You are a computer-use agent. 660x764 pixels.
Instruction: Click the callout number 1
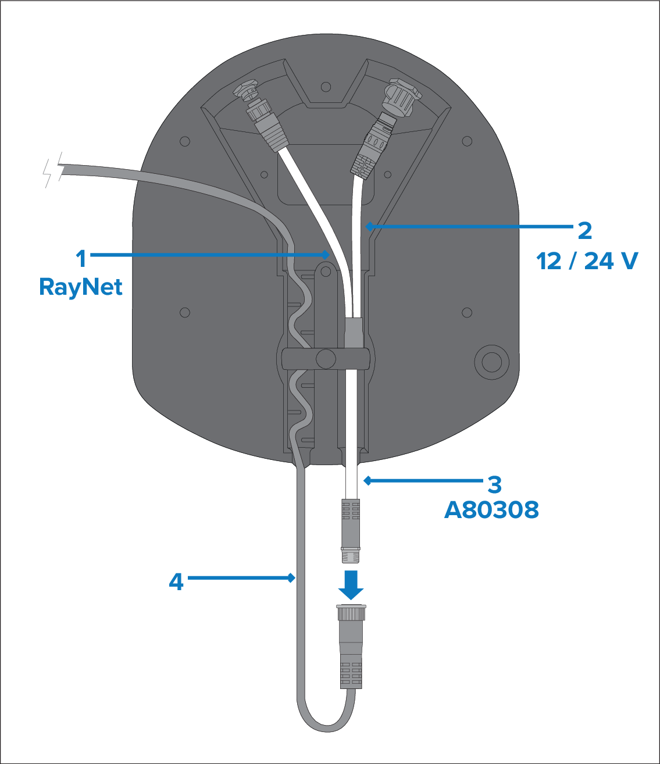[x=81, y=258]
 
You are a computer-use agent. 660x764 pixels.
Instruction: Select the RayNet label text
[x=81, y=287]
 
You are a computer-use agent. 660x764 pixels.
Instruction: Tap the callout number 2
[x=584, y=231]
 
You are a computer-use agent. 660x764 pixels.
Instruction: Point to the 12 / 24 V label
[x=587, y=261]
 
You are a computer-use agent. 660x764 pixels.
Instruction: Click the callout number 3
[x=494, y=484]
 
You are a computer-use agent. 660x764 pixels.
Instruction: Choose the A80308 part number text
[x=491, y=510]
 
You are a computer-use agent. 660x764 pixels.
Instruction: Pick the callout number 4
[x=176, y=581]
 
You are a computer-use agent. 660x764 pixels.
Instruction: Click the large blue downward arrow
[x=351, y=584]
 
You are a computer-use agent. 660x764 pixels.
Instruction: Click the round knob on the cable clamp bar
[x=326, y=358]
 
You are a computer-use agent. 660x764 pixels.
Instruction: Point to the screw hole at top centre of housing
[x=326, y=87]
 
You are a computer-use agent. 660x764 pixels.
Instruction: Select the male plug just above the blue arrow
[x=350, y=529]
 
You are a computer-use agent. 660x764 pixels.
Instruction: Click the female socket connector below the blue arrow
[x=351, y=645]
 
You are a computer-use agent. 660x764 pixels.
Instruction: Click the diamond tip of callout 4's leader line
[x=292, y=577]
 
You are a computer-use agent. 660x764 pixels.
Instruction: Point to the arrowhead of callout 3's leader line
[x=367, y=480]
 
